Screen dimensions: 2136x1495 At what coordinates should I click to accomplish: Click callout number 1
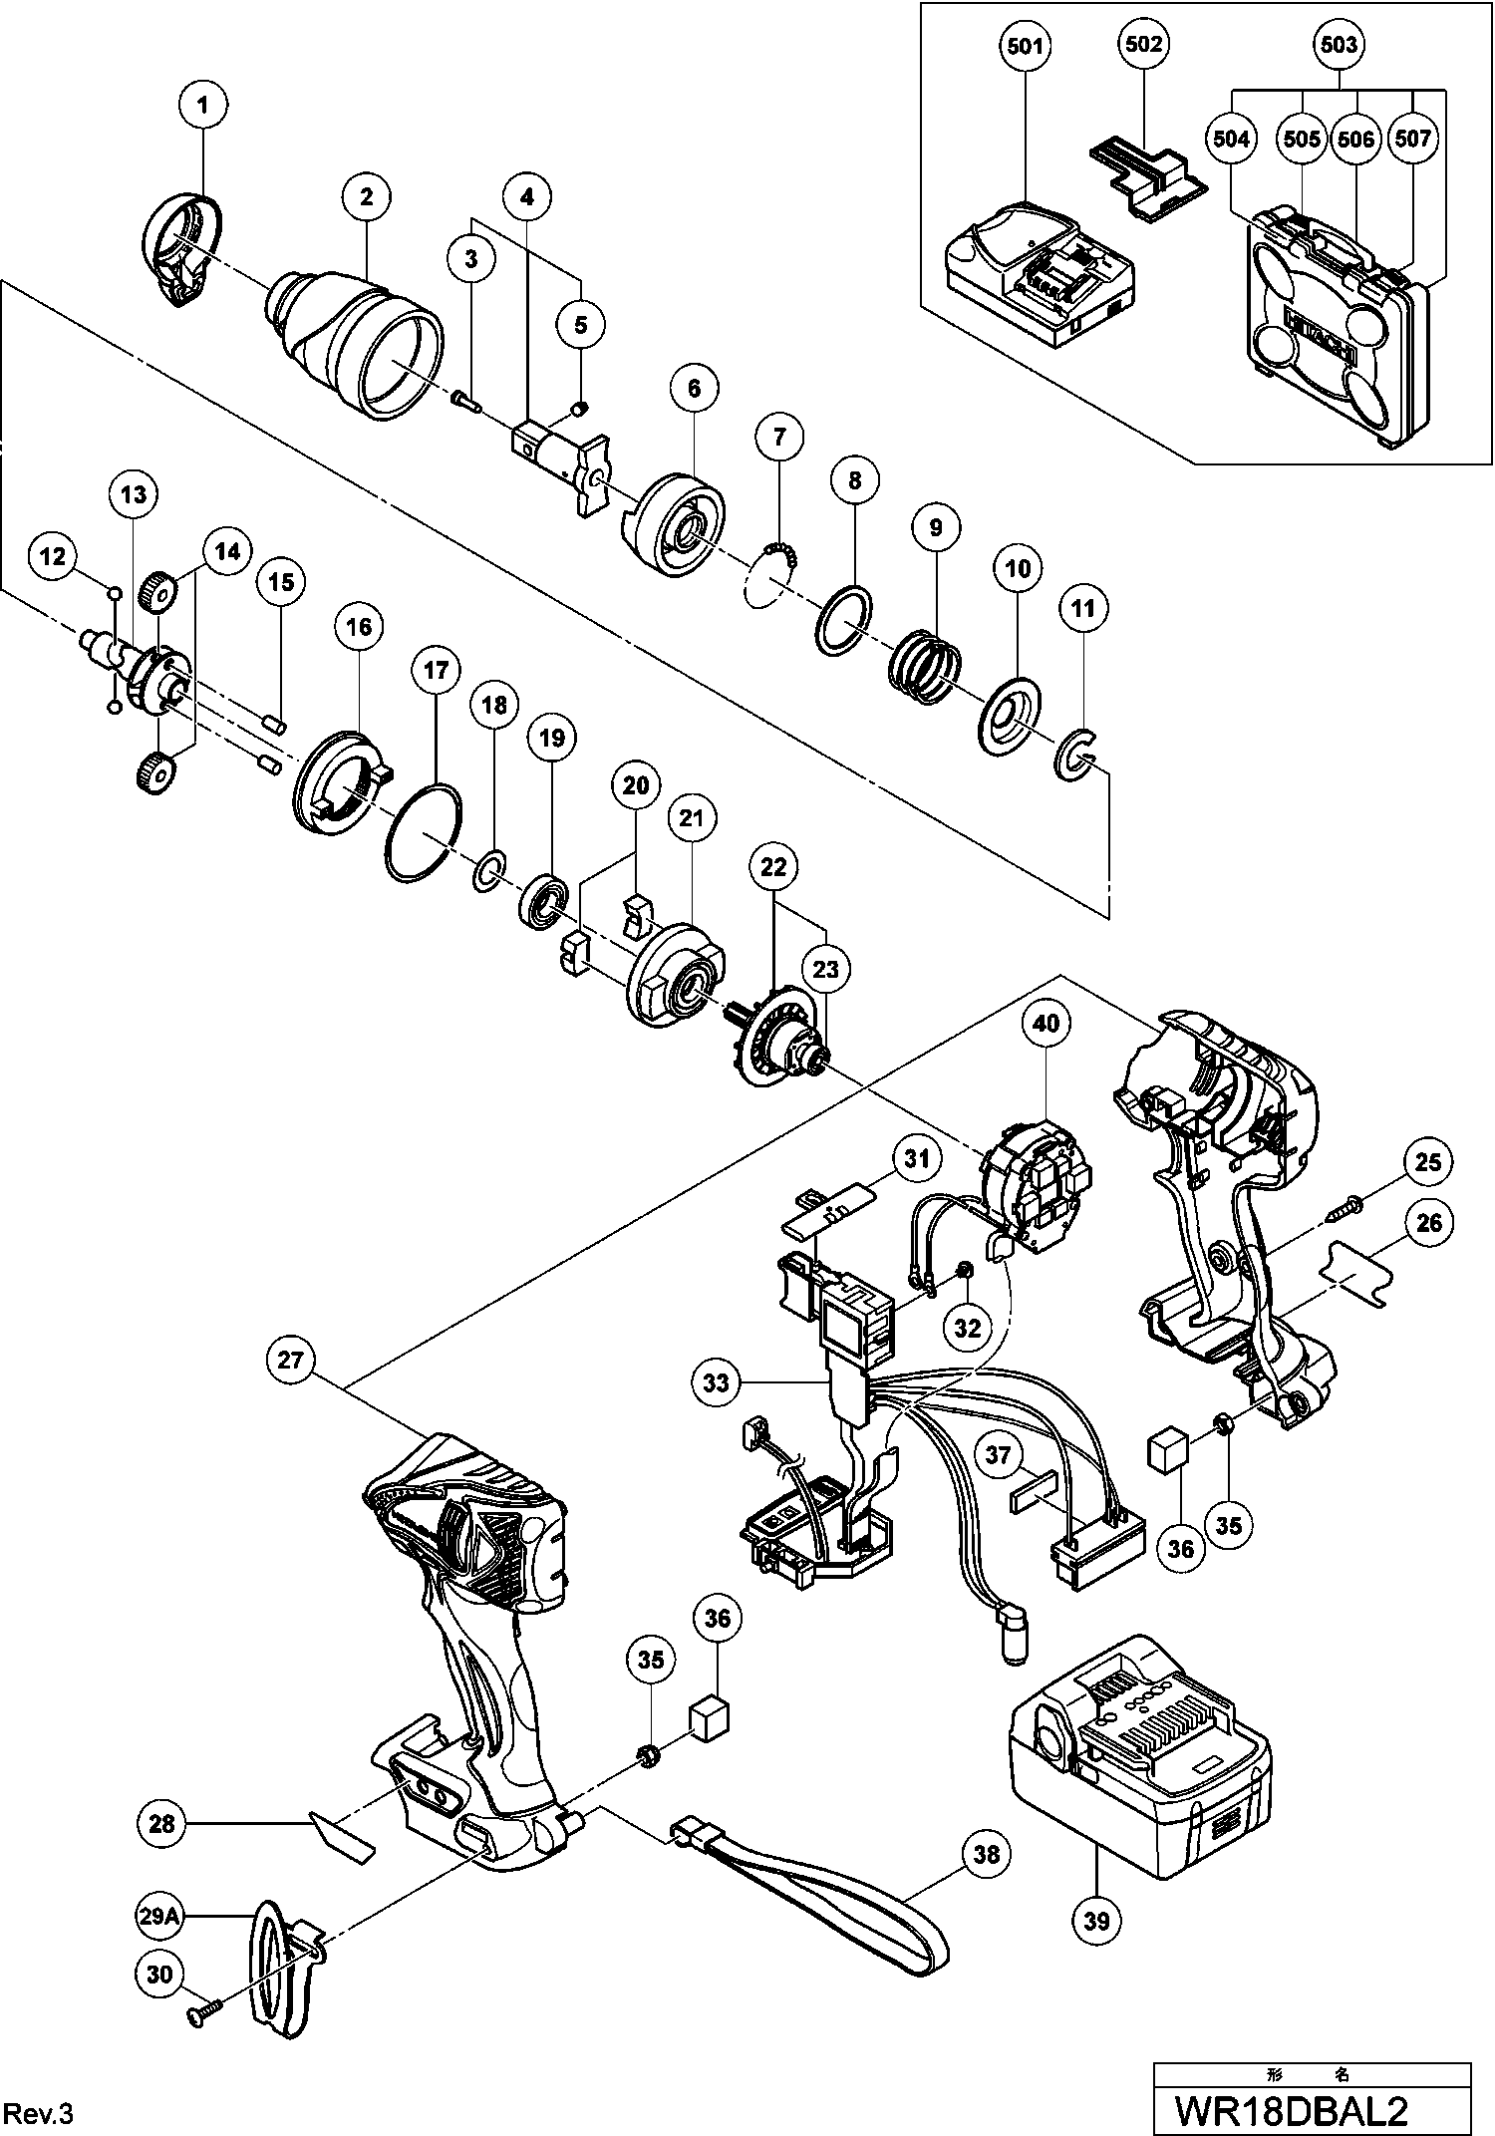[203, 105]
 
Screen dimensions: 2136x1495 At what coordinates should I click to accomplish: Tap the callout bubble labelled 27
[289, 1361]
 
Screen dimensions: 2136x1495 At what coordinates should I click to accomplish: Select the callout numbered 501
[1026, 46]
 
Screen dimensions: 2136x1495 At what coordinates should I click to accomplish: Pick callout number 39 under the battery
[1095, 1919]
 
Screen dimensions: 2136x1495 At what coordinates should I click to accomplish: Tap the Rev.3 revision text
[40, 2113]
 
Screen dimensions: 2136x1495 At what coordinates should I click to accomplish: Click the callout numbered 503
[1338, 46]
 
